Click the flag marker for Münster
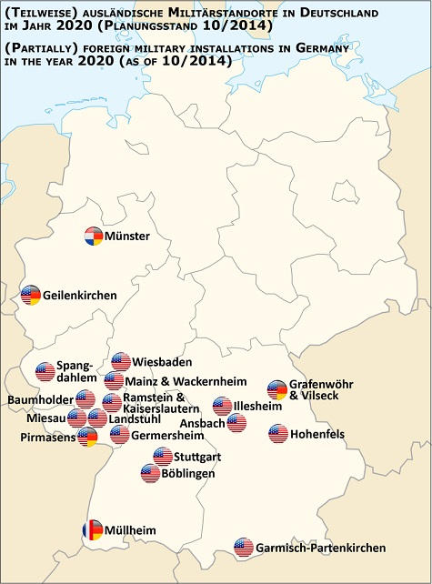93,237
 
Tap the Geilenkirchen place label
79,296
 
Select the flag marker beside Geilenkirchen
31,295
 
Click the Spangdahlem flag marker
45,371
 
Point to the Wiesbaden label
161,361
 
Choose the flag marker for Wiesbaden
121,362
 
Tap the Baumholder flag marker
85,398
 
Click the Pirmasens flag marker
87,437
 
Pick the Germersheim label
165,435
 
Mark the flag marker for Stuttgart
163,456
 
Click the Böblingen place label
189,474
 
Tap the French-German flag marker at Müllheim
92,529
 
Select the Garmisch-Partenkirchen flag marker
243,548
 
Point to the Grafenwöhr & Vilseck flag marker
277,390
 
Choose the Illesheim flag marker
223,406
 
